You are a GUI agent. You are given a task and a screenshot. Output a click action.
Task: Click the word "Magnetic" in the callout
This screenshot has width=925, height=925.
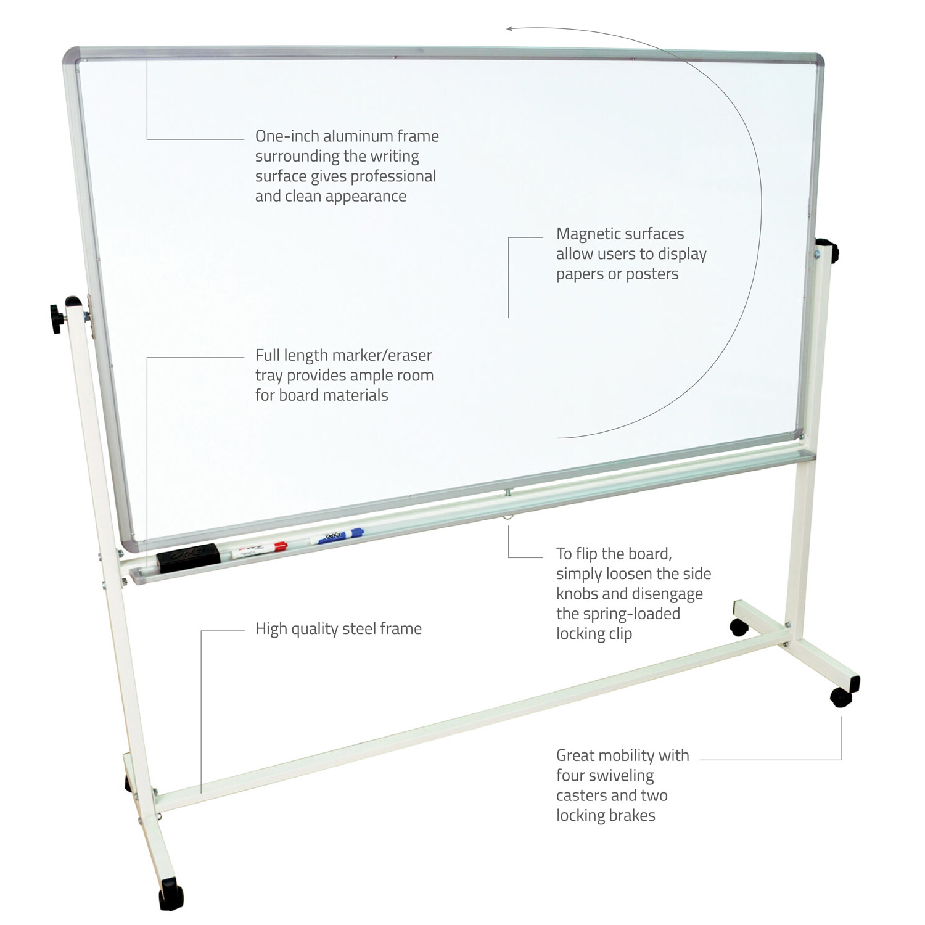[x=589, y=234]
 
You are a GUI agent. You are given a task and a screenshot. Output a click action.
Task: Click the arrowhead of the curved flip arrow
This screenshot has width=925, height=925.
[x=510, y=28]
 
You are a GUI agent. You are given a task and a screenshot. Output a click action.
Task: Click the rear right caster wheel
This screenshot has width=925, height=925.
[x=739, y=628]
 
